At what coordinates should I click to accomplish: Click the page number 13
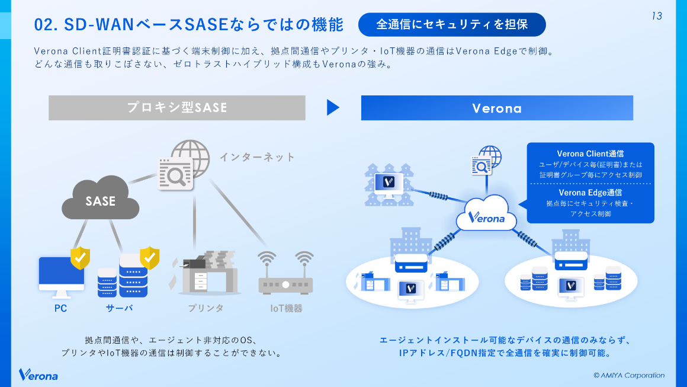click(656, 16)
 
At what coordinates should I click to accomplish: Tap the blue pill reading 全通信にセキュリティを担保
click(452, 24)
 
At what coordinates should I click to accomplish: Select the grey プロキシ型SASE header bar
click(176, 108)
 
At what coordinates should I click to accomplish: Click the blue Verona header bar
click(496, 108)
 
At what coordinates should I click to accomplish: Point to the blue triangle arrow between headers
click(333, 107)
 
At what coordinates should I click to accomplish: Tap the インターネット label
click(257, 157)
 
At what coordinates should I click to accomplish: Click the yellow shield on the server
click(149, 257)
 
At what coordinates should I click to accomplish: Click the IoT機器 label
click(286, 308)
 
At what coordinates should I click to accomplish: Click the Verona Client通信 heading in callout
click(590, 154)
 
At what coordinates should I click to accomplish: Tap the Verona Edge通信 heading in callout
click(590, 193)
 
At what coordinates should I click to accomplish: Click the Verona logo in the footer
click(38, 375)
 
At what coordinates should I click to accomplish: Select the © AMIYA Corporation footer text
click(628, 375)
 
